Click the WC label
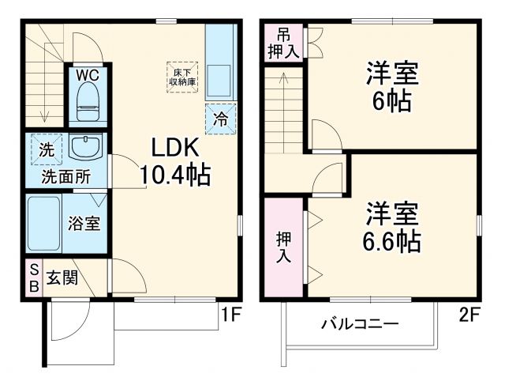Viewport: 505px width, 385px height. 87,76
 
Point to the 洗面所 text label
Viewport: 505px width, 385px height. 66,176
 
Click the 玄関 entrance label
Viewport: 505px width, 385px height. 62,278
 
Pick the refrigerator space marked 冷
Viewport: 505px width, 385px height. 221,120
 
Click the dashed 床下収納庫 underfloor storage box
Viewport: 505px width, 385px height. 180,77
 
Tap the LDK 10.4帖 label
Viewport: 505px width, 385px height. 175,161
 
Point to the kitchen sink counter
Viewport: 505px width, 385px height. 217,67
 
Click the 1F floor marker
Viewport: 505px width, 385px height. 230,316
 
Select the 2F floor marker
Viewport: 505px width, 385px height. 470,316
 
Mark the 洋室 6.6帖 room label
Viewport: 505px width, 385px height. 392,225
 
